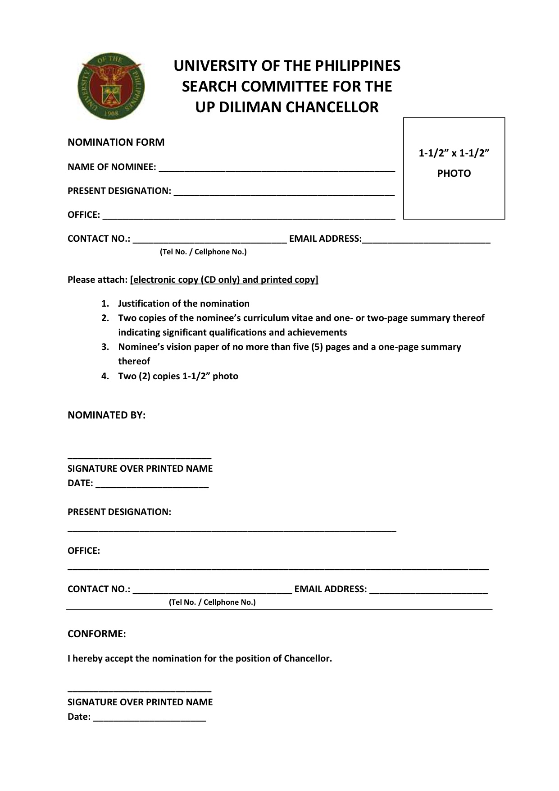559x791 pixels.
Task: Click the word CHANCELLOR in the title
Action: (332, 107)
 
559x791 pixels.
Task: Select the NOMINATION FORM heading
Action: (116, 142)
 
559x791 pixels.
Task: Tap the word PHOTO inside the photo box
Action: (454, 174)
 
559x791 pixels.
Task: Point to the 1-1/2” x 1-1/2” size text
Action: (454, 153)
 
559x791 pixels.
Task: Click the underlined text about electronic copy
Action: (224, 280)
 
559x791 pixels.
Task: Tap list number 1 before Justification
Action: (105, 304)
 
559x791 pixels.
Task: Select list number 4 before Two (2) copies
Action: (105, 376)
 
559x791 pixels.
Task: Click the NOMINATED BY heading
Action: (106, 415)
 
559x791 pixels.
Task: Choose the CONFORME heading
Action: (96, 634)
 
